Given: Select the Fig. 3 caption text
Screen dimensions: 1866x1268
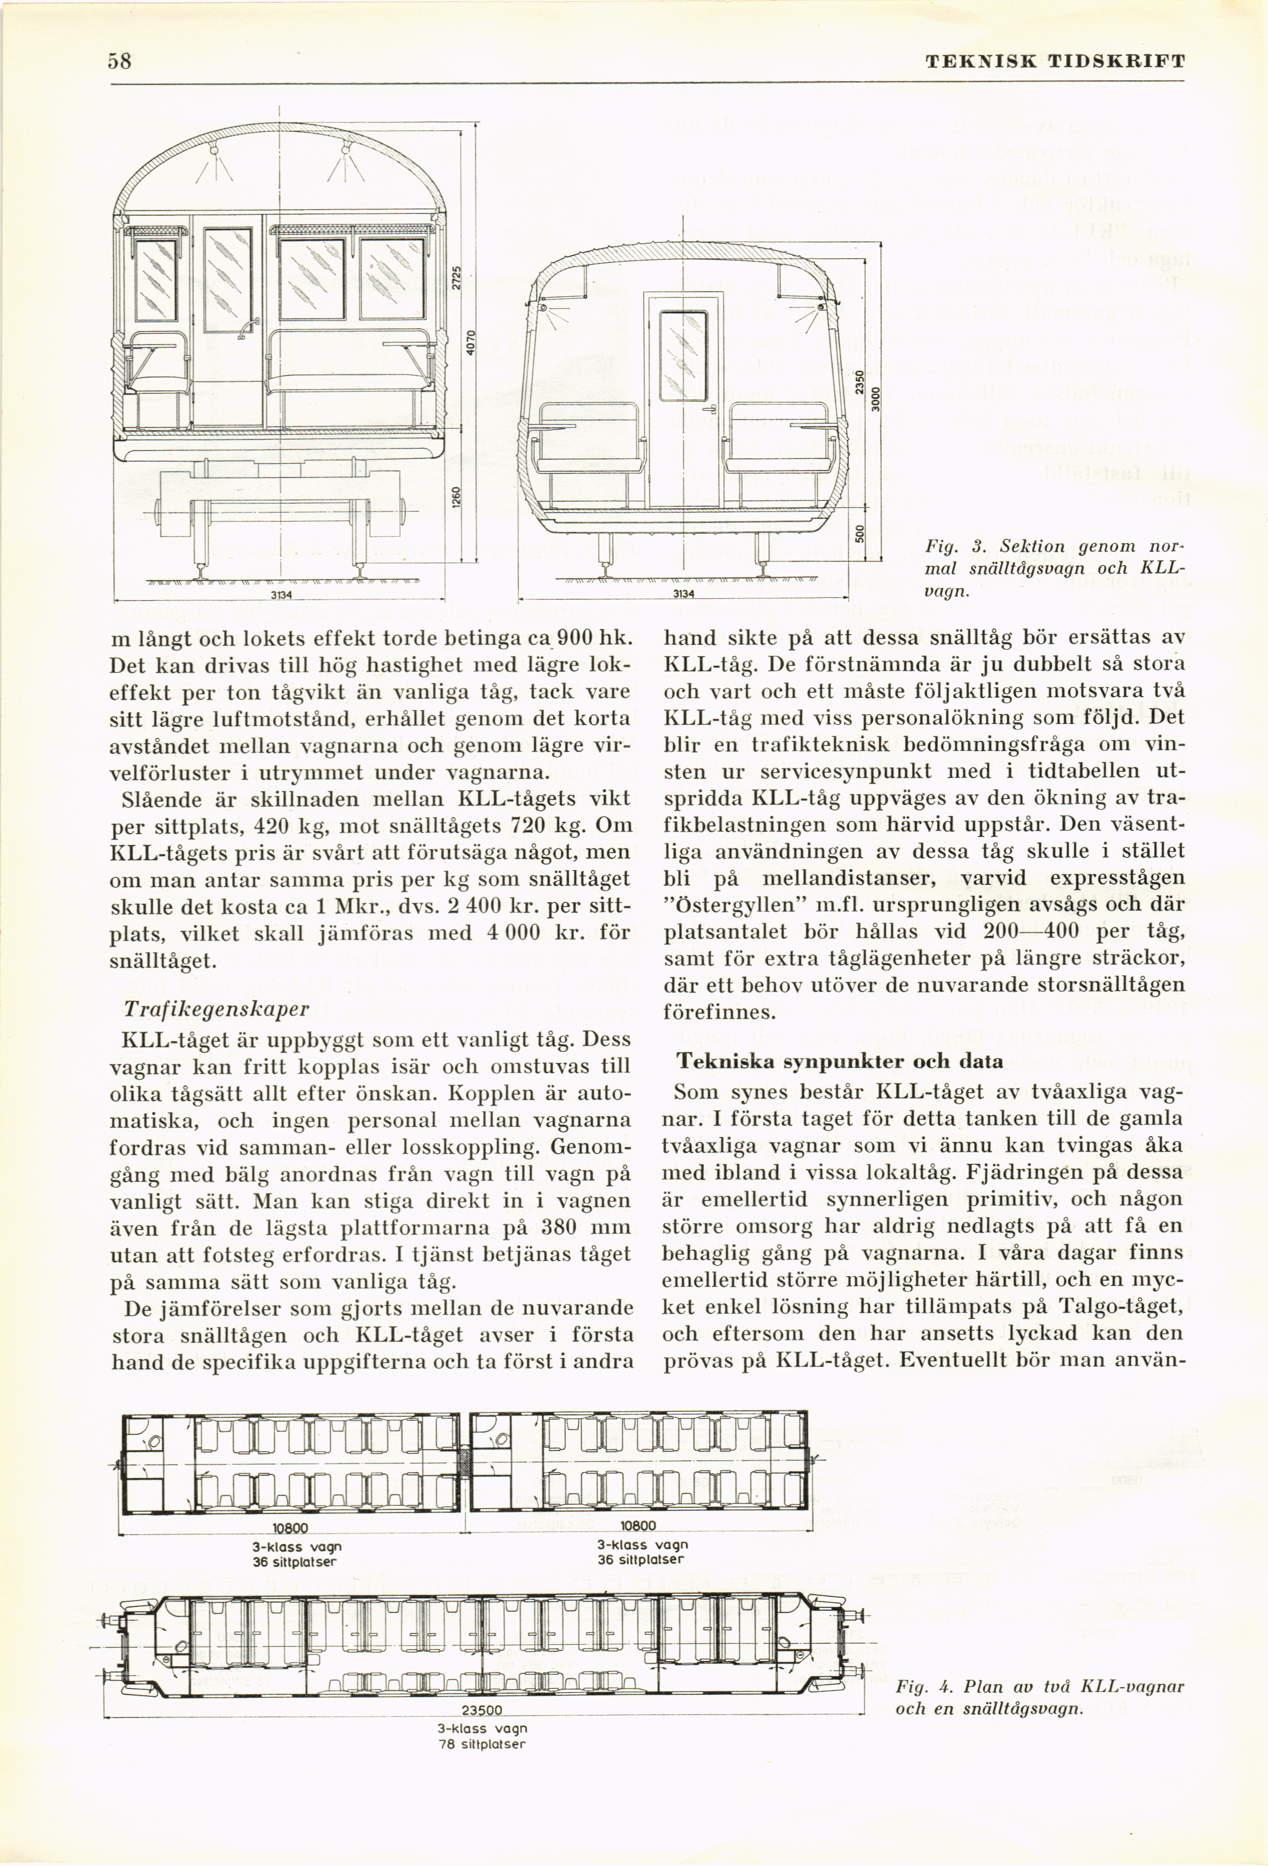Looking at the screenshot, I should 1054,569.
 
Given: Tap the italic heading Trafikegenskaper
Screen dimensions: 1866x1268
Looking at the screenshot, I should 216,1009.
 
